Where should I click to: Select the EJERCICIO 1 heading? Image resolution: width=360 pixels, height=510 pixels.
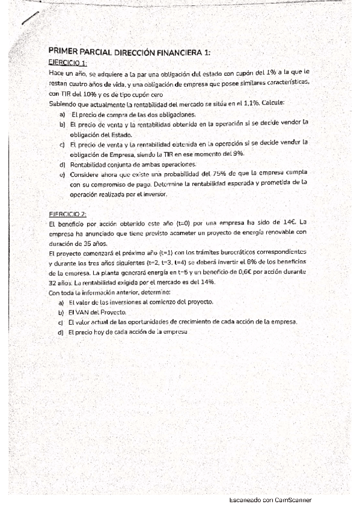click(x=67, y=63)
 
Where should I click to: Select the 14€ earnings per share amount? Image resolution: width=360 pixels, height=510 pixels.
click(x=287, y=223)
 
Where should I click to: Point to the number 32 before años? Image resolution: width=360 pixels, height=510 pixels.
click(x=53, y=281)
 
